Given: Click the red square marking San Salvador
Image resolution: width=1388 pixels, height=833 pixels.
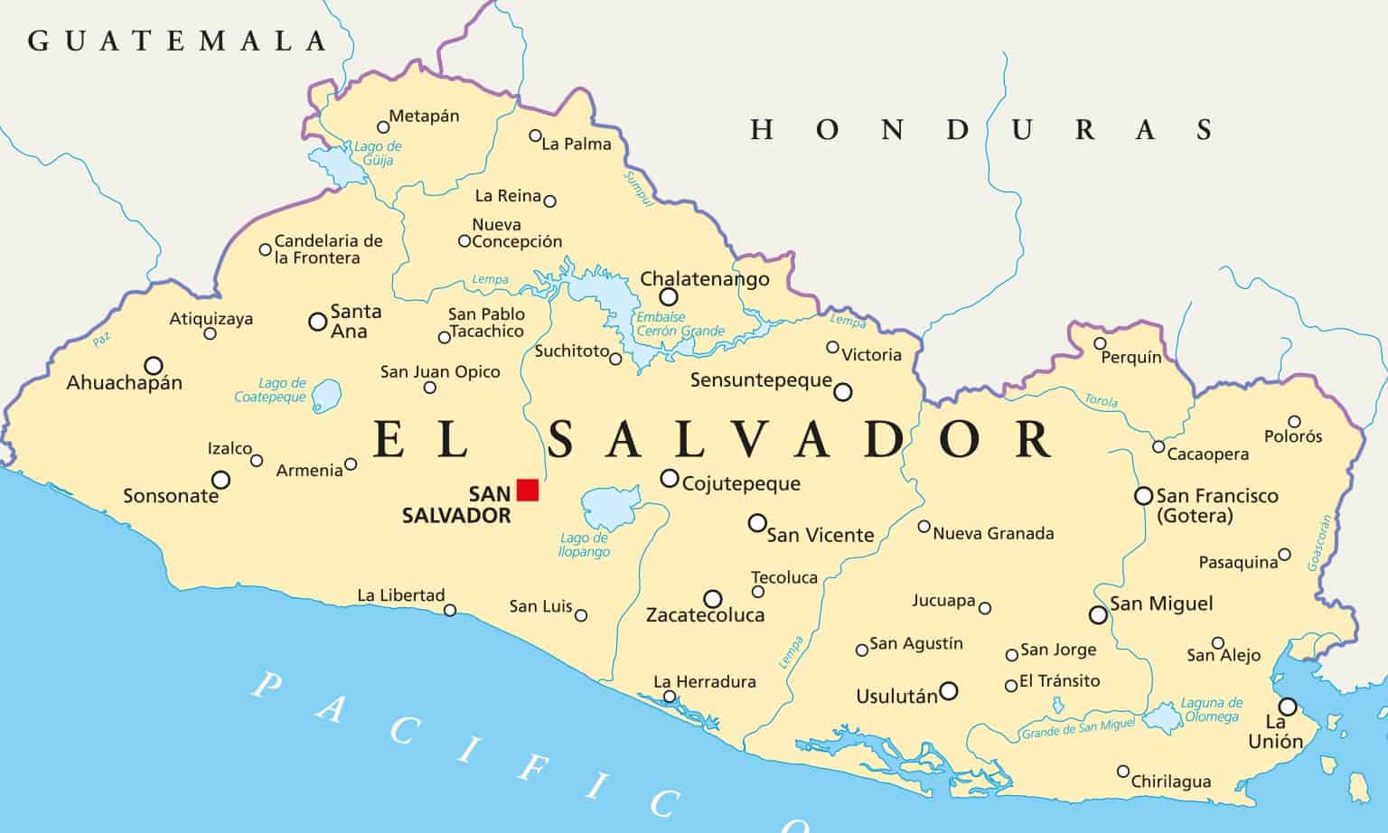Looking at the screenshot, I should pyautogui.click(x=528, y=490).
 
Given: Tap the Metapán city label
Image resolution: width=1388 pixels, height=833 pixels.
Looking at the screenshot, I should pyautogui.click(x=424, y=117).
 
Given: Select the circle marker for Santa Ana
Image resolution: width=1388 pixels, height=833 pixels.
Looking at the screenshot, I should pyautogui.click(x=318, y=321).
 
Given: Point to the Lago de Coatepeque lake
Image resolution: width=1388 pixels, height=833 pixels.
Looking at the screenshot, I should pyautogui.click(x=327, y=393).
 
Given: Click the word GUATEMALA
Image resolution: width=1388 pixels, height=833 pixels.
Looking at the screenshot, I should pyautogui.click(x=177, y=41).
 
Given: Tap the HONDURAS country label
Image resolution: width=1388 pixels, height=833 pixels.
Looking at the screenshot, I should pyautogui.click(x=980, y=130).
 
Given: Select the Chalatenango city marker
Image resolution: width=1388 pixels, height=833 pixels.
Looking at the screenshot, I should pyautogui.click(x=668, y=297).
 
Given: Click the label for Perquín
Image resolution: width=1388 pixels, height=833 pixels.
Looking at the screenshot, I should pyautogui.click(x=1131, y=358).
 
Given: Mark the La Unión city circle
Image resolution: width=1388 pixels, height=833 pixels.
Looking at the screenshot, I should pyautogui.click(x=1288, y=707).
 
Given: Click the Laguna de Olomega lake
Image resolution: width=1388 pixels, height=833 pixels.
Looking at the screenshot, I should pyautogui.click(x=1163, y=718).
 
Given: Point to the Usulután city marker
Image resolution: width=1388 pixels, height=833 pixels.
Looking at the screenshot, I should pyautogui.click(x=948, y=691).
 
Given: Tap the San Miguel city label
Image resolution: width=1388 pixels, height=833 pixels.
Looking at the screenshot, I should pyautogui.click(x=1161, y=604).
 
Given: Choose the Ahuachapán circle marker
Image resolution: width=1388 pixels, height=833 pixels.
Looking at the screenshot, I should pyautogui.click(x=154, y=365).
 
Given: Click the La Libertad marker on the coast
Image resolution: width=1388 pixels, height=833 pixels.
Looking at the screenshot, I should pyautogui.click(x=450, y=611).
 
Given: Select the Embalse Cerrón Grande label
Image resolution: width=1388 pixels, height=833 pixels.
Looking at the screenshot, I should pyautogui.click(x=680, y=324).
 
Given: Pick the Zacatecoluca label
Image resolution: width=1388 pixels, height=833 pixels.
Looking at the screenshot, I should pyautogui.click(x=705, y=615).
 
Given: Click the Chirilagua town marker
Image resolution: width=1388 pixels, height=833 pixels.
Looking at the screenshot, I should pyautogui.click(x=1123, y=772).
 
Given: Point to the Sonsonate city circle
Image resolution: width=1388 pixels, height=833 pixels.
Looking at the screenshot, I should pyautogui.click(x=220, y=480).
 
